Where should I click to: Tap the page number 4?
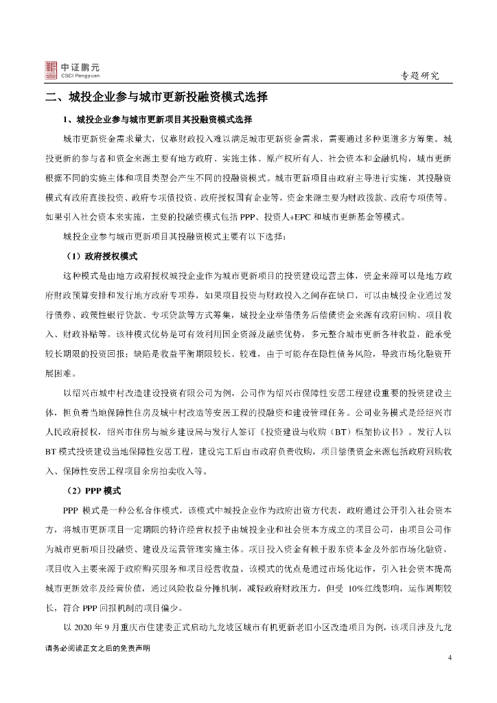(450, 658)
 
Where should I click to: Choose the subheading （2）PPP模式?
(95, 492)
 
